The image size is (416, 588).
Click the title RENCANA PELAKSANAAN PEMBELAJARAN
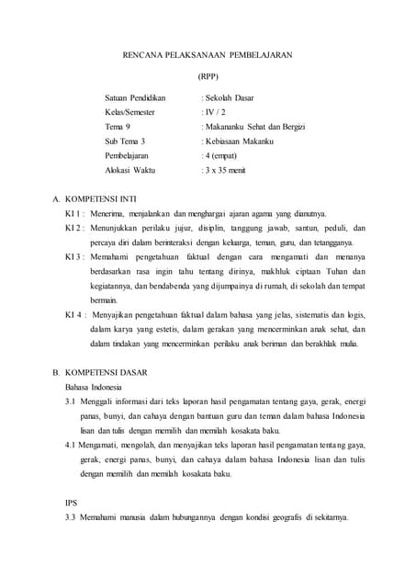point(208,55)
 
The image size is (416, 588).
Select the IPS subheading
point(72,503)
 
